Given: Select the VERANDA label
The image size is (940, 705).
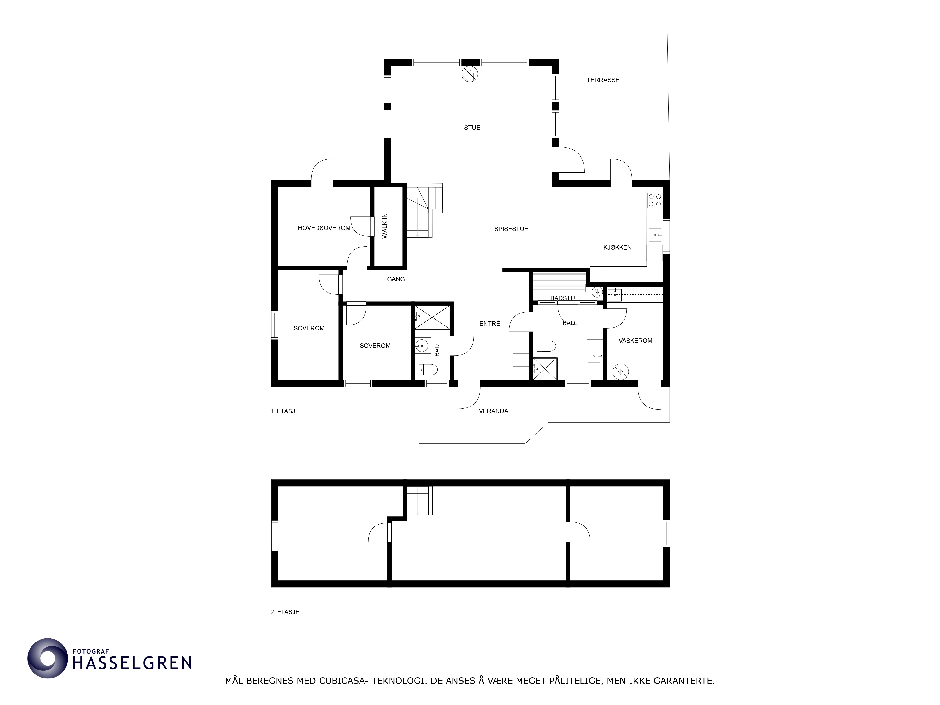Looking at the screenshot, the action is point(493,411).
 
